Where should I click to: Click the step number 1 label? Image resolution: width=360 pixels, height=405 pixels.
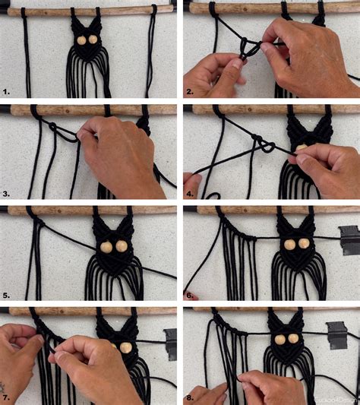point(6,92)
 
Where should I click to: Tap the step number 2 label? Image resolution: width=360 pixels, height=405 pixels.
point(190,92)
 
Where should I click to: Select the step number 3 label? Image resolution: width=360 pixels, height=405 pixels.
point(6,195)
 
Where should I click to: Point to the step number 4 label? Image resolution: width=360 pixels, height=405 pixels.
point(190,195)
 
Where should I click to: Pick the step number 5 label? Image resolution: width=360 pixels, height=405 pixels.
point(6,296)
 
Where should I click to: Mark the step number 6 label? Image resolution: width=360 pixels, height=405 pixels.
point(190,296)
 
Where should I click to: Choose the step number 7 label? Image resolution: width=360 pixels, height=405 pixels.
point(6,397)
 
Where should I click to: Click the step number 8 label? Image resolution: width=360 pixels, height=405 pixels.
point(190,397)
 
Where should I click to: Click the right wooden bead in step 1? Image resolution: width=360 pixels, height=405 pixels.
point(93,39)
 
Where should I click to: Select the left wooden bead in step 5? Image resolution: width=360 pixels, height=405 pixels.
point(106,247)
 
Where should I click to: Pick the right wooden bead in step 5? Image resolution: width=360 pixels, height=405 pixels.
point(122,247)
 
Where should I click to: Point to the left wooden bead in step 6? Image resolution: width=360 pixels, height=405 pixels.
point(290,243)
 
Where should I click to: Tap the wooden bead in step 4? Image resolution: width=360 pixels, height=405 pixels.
point(301,146)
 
